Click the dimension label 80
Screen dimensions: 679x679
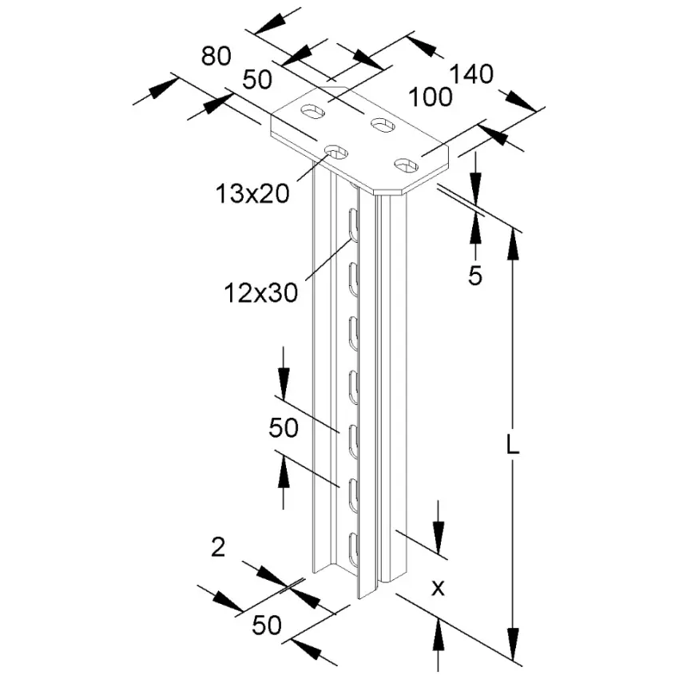pos(216,56)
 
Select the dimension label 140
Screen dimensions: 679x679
pos(471,74)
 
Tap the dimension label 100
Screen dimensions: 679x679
pos(431,97)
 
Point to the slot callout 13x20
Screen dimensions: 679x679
pos(252,193)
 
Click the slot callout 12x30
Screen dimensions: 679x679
pos(261,292)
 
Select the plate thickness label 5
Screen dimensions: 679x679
pos(475,276)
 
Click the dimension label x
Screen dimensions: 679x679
pos(439,588)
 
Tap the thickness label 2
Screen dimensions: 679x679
pos(218,547)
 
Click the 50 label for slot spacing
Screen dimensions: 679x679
pos(284,428)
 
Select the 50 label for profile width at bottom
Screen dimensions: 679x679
pos(267,625)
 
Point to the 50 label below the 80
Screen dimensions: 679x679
pos(257,80)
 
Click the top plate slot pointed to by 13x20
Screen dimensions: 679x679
pos(337,152)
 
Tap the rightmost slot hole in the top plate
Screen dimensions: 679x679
pos(406,165)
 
